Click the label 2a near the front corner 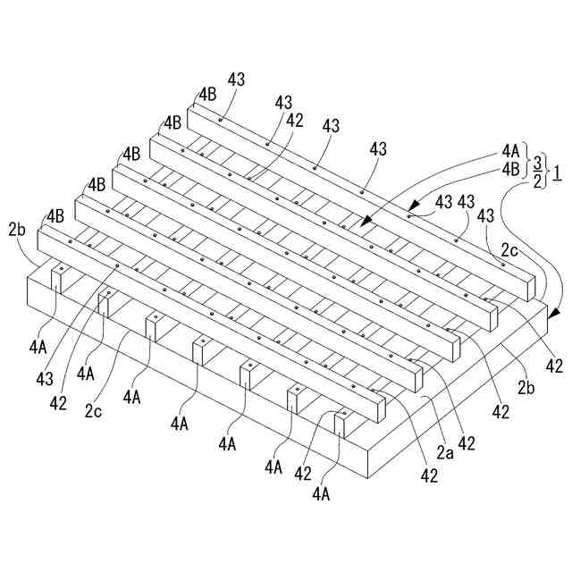pyautogui.click(x=444, y=453)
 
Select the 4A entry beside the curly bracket pyautogui.click(x=510, y=152)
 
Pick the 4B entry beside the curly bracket pyautogui.click(x=510, y=168)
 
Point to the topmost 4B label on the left pyautogui.click(x=207, y=93)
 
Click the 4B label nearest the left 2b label pyautogui.click(x=55, y=216)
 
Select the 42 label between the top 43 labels pyautogui.click(x=294, y=119)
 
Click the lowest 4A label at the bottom pyautogui.click(x=322, y=491)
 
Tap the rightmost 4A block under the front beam pyautogui.click(x=341, y=421)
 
